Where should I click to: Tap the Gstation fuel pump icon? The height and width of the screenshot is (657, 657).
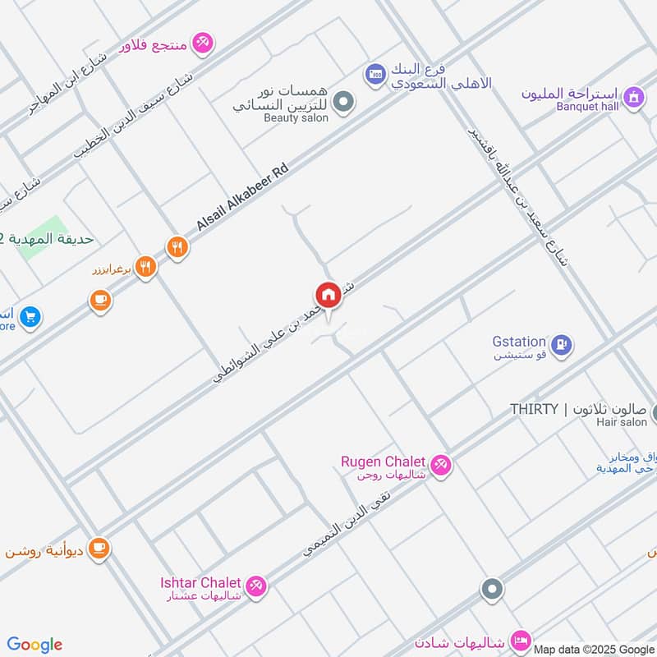(x=561, y=344)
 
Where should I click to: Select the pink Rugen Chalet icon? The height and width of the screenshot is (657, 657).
(x=440, y=465)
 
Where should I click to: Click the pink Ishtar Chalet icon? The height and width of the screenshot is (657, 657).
(x=256, y=586)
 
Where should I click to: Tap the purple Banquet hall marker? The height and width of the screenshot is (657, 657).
(x=633, y=98)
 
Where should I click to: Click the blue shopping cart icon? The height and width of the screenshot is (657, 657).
(x=30, y=316)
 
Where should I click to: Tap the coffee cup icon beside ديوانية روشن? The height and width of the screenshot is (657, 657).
(x=99, y=548)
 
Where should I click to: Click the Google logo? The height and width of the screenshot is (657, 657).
(x=34, y=645)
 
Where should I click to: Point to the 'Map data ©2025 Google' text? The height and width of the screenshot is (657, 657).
(x=593, y=649)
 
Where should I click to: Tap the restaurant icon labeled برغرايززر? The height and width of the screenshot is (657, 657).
(x=145, y=266)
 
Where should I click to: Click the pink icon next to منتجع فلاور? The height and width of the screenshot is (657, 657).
(x=202, y=41)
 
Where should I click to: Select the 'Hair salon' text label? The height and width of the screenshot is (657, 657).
(x=622, y=422)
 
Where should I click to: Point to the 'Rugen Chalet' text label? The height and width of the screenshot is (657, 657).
(x=383, y=462)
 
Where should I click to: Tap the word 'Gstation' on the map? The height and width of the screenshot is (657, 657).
(x=519, y=341)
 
